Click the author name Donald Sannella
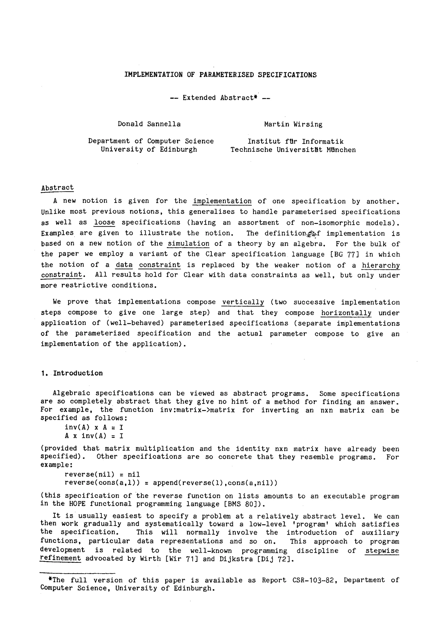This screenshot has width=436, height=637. tap(149, 124)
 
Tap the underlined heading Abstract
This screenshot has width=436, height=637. tap(57, 188)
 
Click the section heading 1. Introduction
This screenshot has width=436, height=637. tap(72, 373)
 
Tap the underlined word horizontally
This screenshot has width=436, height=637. tap(346, 313)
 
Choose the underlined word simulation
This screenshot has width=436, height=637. tap(188, 244)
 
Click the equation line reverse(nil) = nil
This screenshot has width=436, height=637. tap(102, 474)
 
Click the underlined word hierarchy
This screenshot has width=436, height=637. tap(381, 265)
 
